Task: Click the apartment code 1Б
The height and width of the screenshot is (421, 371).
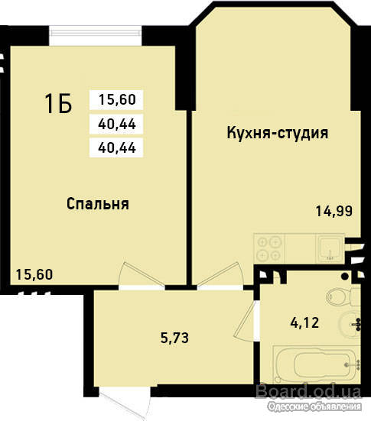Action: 58,103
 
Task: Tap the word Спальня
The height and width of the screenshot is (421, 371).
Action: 98,204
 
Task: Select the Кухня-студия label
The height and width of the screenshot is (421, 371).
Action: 278,133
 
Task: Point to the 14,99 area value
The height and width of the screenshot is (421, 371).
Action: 334,211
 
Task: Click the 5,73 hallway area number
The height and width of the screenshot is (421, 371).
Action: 174,338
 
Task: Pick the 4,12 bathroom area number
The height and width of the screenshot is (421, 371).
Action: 304,322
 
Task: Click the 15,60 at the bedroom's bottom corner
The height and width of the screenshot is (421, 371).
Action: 34,274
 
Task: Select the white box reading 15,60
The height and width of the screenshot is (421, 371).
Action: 116,100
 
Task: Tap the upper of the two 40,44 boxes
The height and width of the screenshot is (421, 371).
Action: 116,124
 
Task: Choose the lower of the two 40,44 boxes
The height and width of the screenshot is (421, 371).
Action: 116,147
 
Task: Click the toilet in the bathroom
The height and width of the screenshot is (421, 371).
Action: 343,296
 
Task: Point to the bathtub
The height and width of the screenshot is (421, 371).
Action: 317,364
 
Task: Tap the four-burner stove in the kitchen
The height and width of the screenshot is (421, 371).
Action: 269,248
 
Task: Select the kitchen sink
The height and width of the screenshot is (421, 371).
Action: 330,248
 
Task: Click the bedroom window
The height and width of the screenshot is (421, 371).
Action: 96,36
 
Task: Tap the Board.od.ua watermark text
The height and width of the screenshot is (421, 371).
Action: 308,391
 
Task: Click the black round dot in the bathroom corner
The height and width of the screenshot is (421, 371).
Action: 345,277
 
